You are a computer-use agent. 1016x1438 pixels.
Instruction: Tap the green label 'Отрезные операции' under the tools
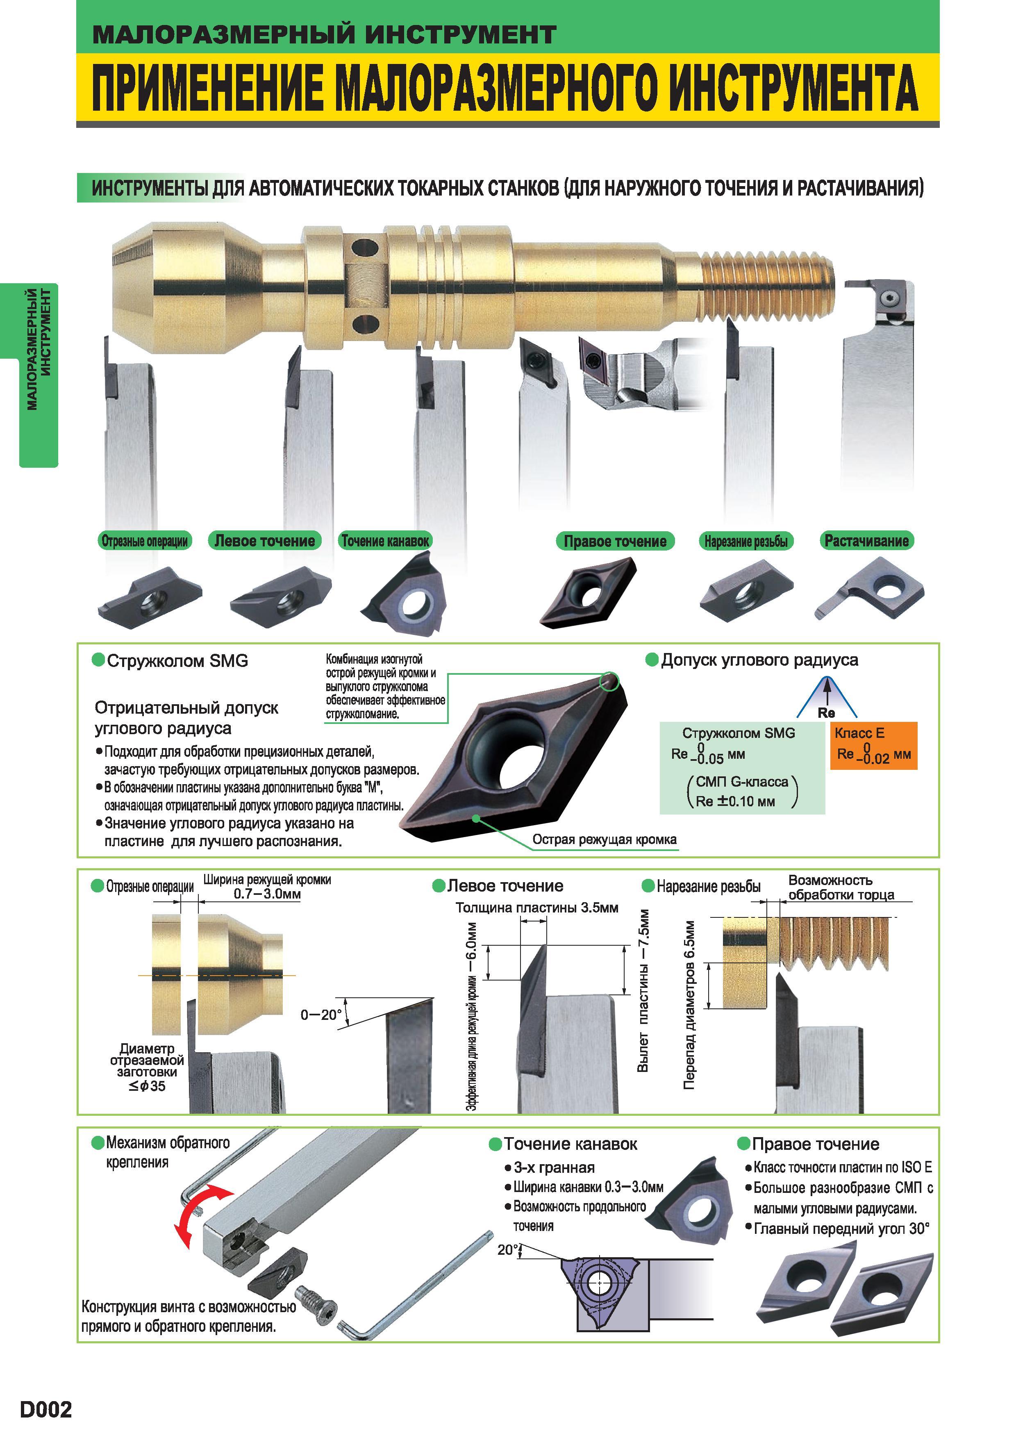pos(145,541)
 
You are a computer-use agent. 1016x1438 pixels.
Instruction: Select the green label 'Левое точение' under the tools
pos(265,541)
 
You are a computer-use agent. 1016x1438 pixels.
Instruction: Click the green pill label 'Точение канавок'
pos(385,541)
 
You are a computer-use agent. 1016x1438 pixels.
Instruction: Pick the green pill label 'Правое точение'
pos(615,541)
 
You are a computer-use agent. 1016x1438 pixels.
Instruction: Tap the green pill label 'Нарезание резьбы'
pos(746,541)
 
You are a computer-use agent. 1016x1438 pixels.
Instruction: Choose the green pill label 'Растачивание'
pos(866,541)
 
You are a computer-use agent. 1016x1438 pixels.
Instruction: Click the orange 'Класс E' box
pos(874,745)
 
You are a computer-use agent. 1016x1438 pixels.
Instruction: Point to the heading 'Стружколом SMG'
pos(177,661)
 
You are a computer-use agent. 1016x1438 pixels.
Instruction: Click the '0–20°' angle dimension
pos(321,1015)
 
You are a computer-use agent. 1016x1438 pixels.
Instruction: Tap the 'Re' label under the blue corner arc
pos(826,713)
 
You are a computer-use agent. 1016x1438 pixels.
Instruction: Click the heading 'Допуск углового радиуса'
pos(759,660)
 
